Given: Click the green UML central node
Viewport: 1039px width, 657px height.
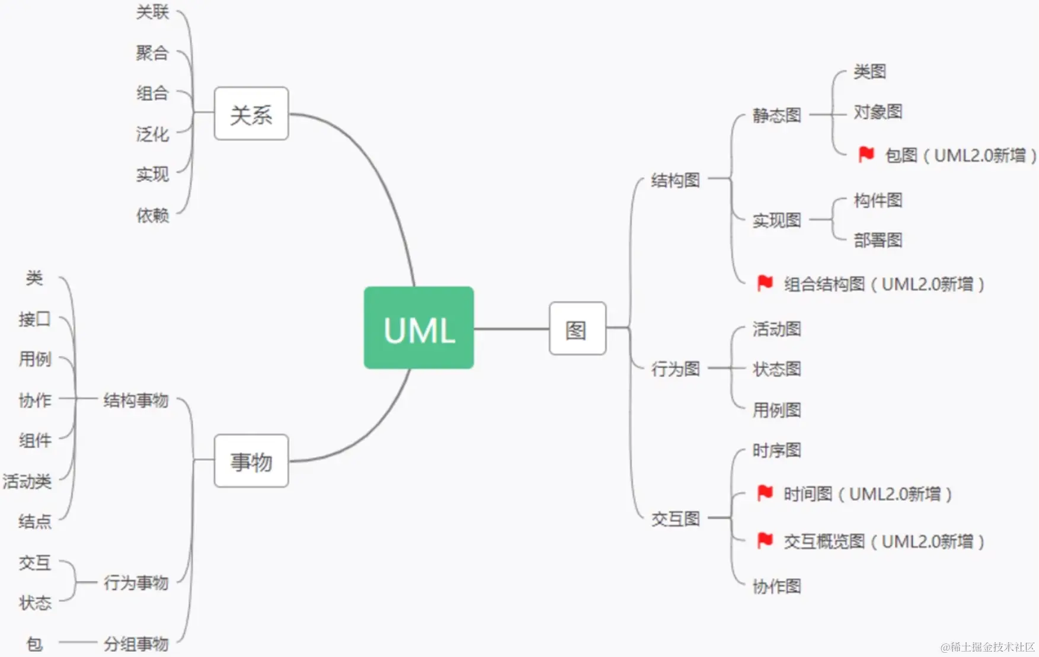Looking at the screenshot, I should [x=418, y=328].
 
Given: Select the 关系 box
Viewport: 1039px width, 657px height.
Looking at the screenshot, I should [x=251, y=114].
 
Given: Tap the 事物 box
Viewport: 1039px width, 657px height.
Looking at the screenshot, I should [x=251, y=461].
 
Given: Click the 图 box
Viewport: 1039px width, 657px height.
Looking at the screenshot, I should [x=577, y=329].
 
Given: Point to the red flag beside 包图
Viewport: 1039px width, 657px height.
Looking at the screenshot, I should [x=866, y=155].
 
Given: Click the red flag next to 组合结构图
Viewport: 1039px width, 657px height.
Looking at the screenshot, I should [x=765, y=283].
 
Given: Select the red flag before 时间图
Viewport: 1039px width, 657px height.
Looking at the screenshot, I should [x=765, y=493].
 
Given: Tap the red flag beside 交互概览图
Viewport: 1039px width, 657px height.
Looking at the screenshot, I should [x=765, y=540].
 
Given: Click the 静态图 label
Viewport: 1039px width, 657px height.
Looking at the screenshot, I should [x=776, y=115].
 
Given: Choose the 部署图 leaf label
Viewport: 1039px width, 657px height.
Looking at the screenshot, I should [x=878, y=240].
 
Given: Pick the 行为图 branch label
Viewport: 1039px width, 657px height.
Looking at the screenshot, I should [x=675, y=369].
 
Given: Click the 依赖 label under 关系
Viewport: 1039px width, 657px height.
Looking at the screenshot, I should [x=152, y=215].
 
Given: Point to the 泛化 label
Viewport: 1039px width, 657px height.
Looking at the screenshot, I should [x=152, y=134].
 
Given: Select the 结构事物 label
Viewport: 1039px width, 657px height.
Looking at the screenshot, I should [x=136, y=400].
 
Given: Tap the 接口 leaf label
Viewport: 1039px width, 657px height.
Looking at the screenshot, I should [x=34, y=319].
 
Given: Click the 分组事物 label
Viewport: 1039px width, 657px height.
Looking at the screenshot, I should [x=136, y=643].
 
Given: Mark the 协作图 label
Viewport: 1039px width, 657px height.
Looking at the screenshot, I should [x=776, y=587].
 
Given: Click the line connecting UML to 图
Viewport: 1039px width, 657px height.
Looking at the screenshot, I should [x=511, y=329].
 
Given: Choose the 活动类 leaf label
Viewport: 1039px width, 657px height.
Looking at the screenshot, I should [x=27, y=481].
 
